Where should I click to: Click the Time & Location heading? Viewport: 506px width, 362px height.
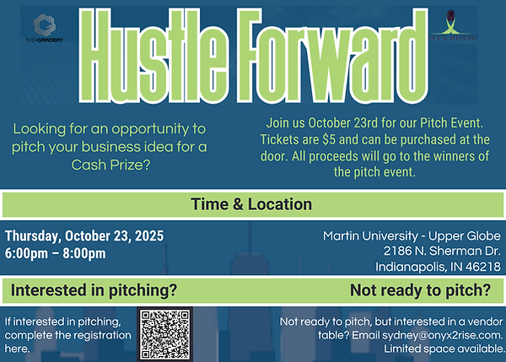(251, 204)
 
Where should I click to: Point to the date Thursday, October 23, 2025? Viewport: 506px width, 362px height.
(84, 235)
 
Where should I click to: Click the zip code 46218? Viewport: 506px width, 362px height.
(483, 267)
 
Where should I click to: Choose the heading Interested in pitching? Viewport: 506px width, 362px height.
(94, 291)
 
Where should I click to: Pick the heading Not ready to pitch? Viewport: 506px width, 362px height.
(420, 291)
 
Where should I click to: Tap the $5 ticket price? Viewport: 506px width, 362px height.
(334, 138)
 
